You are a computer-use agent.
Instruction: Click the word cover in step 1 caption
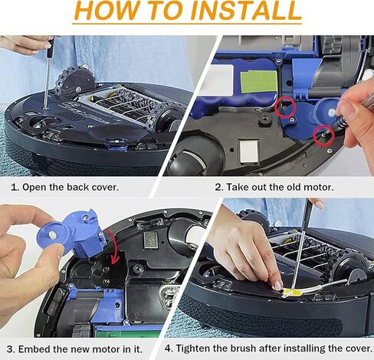(105, 187)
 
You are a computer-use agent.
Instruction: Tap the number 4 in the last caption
(168, 349)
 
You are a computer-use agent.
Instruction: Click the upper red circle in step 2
(285, 107)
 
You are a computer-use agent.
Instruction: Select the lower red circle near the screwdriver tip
(324, 136)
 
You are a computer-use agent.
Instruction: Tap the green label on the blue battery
(259, 82)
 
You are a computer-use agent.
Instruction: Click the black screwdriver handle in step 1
(51, 47)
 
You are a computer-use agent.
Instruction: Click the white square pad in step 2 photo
(249, 151)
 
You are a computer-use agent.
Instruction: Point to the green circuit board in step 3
(129, 331)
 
